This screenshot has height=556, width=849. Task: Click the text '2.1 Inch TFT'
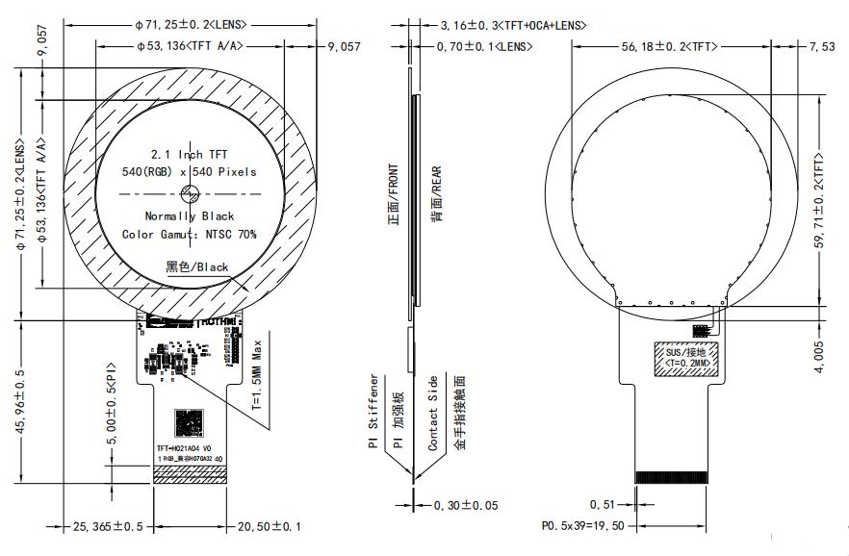coord(189,154)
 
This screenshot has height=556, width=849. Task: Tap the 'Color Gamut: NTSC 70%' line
coord(189,234)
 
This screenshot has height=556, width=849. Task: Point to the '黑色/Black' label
coord(197,266)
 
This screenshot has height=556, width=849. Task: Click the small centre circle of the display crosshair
coord(189,193)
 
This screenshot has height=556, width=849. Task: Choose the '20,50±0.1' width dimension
coord(269,526)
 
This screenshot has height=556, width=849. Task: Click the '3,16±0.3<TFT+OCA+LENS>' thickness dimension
coord(512,25)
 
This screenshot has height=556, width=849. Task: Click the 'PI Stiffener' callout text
coord(373,414)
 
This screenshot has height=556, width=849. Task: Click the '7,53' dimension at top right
coord(822,45)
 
